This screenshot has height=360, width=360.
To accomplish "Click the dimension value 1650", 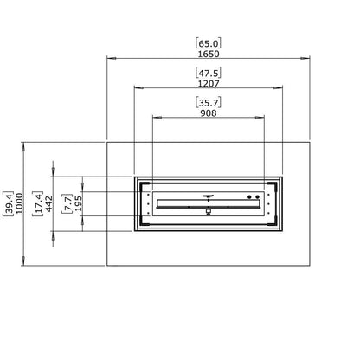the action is tap(209, 54).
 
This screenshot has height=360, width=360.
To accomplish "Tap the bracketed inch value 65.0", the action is tap(209, 43).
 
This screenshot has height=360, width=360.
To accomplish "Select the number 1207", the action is tap(209, 84).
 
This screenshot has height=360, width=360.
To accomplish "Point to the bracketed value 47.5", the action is tap(209, 73).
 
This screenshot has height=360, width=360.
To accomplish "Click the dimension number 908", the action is tap(209, 113).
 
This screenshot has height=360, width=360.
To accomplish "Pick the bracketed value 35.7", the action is tap(209, 102).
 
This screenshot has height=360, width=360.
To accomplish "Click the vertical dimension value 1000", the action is tap(19, 203).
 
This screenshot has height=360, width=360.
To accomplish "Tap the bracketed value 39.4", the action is tap(9, 203).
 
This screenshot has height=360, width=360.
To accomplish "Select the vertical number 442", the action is tap(49, 203).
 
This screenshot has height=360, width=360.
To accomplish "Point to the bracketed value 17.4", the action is tap(38, 203).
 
